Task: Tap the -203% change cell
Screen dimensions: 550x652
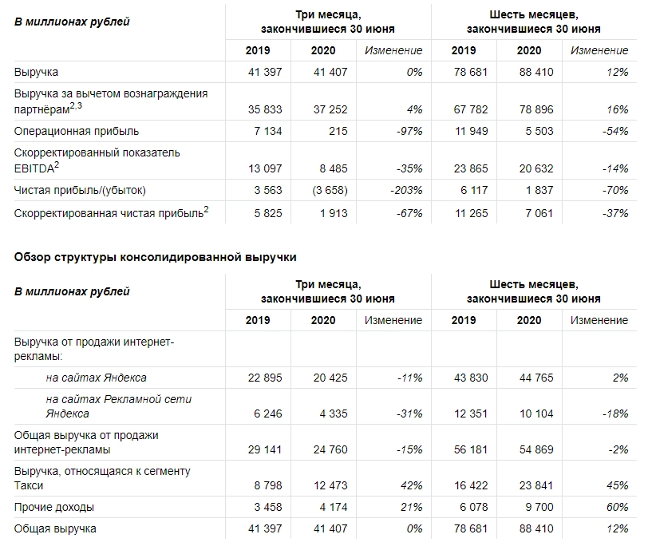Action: [x=405, y=190]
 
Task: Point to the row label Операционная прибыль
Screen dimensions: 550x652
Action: [x=77, y=131]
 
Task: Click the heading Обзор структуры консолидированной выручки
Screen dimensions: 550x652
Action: [x=156, y=257]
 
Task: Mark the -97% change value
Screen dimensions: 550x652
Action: [x=409, y=131]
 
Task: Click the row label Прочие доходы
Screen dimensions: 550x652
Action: [x=54, y=507]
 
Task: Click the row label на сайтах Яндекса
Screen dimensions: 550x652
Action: [x=96, y=378]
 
